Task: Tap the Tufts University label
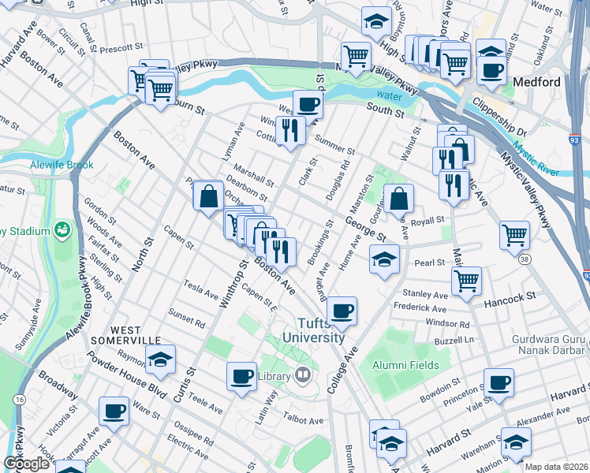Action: pyautogui.click(x=321, y=330)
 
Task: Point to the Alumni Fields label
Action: pyautogui.click(x=398, y=365)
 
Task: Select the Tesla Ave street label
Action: pyautogui.click(x=201, y=289)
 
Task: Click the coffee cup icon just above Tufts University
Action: pyautogui.click(x=342, y=310)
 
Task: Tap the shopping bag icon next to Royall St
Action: pyautogui.click(x=400, y=197)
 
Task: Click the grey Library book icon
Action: pyautogui.click(x=301, y=375)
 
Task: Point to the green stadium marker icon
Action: pyautogui.click(x=62, y=230)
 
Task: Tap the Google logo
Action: pyautogui.click(x=26, y=464)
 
